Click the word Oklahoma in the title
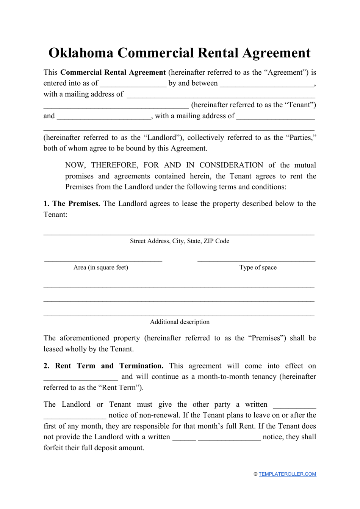[81, 53]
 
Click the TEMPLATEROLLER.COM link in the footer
[287, 474]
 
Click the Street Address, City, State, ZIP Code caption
[180, 241]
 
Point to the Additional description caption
[180, 322]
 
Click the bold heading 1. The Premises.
[72, 204]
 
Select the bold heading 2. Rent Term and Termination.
[103, 366]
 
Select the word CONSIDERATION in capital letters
[231, 165]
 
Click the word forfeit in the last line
[55, 448]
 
